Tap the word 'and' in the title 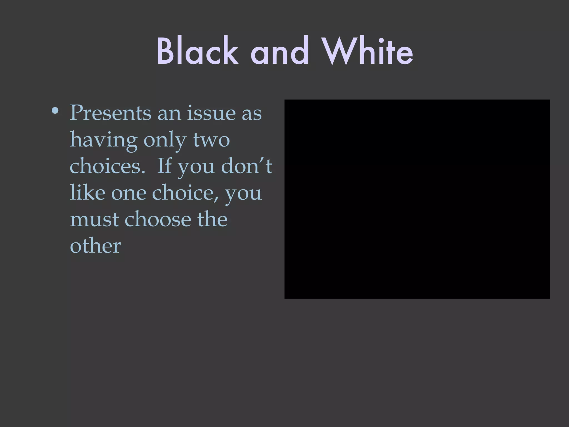coord(280,51)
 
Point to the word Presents coord(111,113)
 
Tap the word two coord(211,140)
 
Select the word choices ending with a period coord(107,166)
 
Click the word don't coord(246,166)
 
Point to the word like coord(87,192)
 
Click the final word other coord(95,246)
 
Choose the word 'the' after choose coord(212,219)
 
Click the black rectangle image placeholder coord(417,199)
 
